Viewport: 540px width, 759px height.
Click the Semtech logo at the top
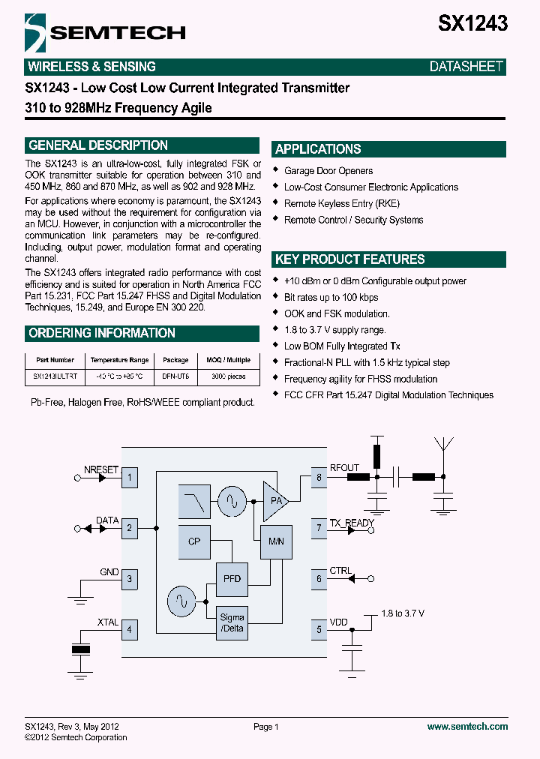(105, 31)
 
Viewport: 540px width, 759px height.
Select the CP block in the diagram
(194, 541)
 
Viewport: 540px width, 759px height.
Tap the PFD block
(232, 578)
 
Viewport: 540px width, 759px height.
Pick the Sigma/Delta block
(232, 622)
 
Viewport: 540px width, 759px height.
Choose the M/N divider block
(275, 541)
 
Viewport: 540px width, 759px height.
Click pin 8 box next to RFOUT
(319, 477)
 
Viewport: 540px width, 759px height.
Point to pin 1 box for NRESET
(129, 477)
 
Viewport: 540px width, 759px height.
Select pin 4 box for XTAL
(129, 629)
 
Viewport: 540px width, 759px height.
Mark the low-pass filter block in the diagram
(194, 501)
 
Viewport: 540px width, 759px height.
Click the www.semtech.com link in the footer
(467, 727)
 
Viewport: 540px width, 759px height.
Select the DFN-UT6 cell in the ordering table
(175, 376)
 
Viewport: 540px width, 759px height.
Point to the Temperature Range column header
(118, 360)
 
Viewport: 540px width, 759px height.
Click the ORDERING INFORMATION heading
(102, 333)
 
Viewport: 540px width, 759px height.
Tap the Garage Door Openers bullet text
(328, 171)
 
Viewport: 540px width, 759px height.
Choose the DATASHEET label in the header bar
(466, 67)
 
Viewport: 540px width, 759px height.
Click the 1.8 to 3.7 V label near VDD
(403, 613)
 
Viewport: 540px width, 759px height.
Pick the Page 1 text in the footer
(266, 727)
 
